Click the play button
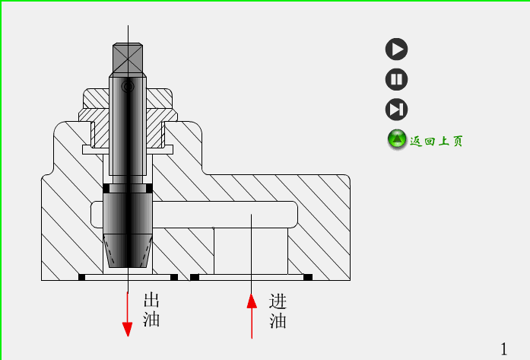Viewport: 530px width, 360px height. (x=396, y=49)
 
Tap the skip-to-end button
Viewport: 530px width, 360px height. (x=396, y=110)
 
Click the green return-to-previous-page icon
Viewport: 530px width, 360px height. (x=397, y=139)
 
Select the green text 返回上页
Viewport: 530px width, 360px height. (x=436, y=141)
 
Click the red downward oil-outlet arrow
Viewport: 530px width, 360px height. (x=128, y=312)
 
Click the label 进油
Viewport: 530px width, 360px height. (x=278, y=311)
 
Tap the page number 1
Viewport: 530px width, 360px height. (x=503, y=348)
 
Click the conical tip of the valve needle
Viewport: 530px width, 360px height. (x=128, y=251)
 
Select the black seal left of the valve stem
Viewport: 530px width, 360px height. (x=106, y=188)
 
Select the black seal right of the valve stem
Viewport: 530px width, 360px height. (x=149, y=188)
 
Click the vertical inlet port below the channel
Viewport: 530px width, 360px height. (x=250, y=251)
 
